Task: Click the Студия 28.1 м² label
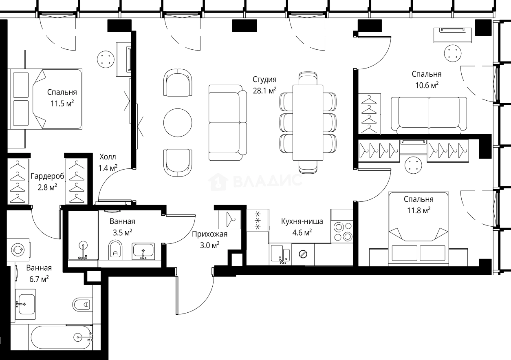pos(264,85)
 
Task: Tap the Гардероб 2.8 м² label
pos(44,181)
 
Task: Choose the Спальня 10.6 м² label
pos(426,80)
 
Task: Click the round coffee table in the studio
pos(178,122)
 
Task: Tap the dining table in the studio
pos(308,122)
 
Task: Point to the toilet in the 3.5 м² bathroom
pos(115,250)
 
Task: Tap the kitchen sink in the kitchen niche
pos(280,254)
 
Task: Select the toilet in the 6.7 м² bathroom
pos(83,304)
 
